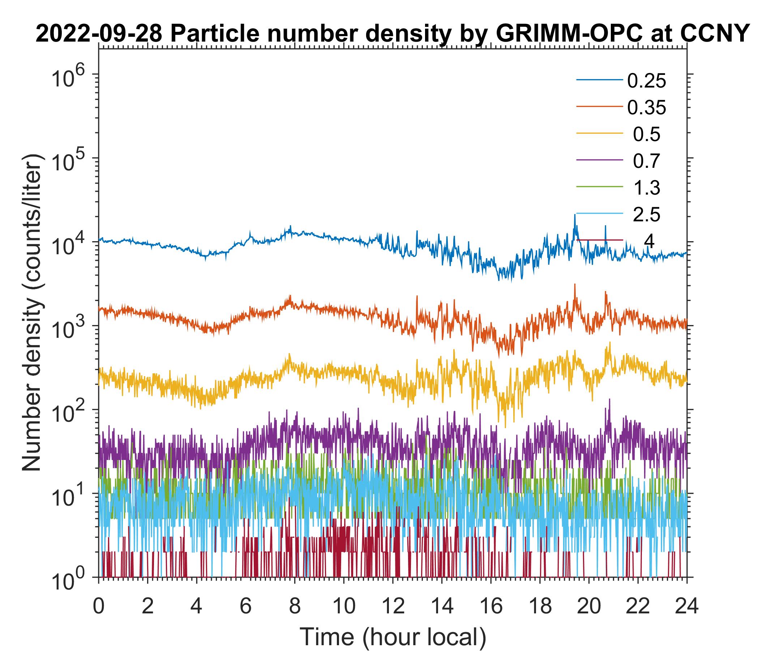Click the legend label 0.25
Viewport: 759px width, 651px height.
point(647,81)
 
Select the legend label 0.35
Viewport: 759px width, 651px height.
point(647,108)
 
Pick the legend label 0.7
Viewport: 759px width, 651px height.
point(647,161)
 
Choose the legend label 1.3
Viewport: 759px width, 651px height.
point(647,188)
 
